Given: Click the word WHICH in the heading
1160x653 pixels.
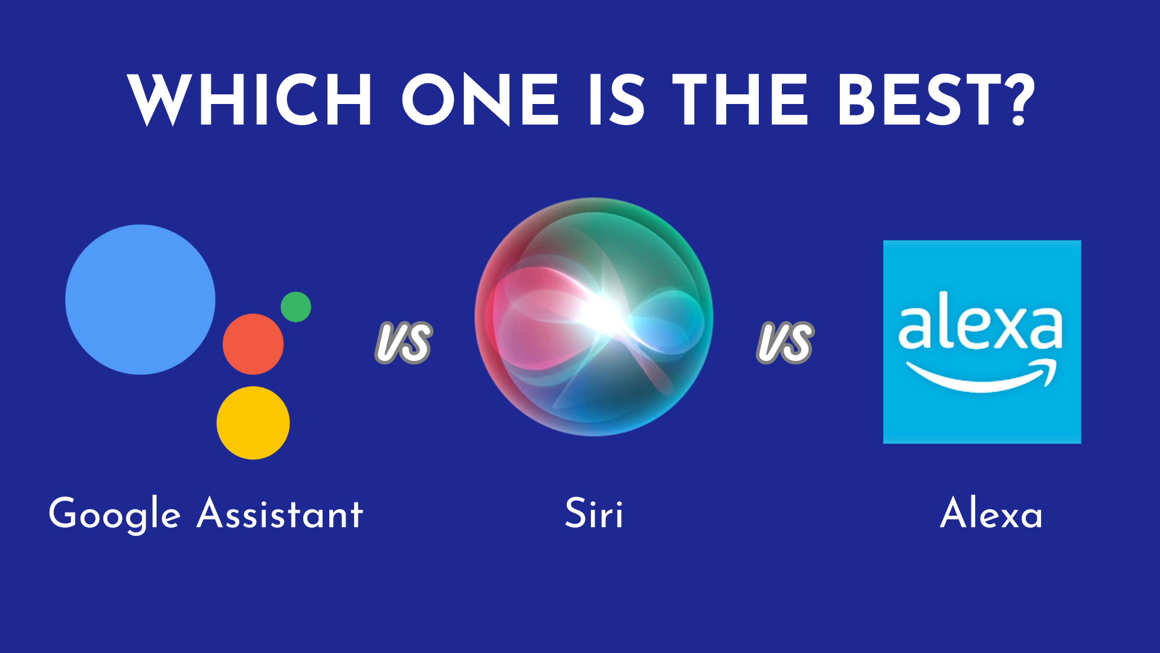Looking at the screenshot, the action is (x=250, y=100).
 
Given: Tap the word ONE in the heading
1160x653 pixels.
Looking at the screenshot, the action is (x=480, y=100).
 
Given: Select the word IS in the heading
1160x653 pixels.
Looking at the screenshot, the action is (x=617, y=100).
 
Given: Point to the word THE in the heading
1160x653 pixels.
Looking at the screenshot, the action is (x=740, y=100).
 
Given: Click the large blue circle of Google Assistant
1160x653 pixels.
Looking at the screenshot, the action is (x=140, y=300).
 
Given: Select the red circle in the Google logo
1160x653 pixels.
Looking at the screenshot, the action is (x=253, y=344).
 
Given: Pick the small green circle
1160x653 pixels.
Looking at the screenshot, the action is (x=296, y=307).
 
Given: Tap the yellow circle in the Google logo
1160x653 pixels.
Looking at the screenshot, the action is (x=253, y=423).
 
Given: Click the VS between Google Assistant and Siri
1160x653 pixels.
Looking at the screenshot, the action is (x=404, y=342).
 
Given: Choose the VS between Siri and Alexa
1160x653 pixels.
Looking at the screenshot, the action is (x=785, y=342).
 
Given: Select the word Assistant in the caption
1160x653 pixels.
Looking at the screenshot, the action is (x=280, y=514).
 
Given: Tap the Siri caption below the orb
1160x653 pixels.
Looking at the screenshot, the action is (x=594, y=513).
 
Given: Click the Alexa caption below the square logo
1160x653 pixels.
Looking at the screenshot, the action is (x=991, y=513).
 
